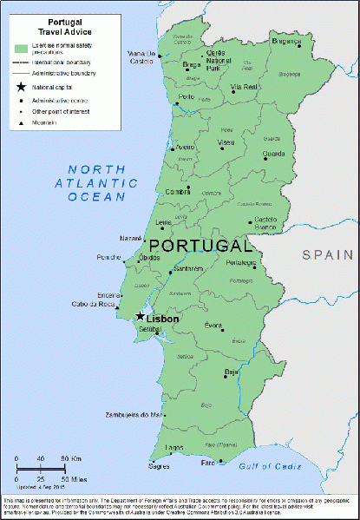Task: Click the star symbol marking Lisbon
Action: click(x=140, y=317)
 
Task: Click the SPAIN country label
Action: click(x=328, y=254)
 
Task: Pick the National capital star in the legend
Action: click(x=19, y=88)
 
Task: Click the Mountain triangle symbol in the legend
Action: click(x=19, y=123)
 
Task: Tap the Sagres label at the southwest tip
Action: click(x=159, y=465)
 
